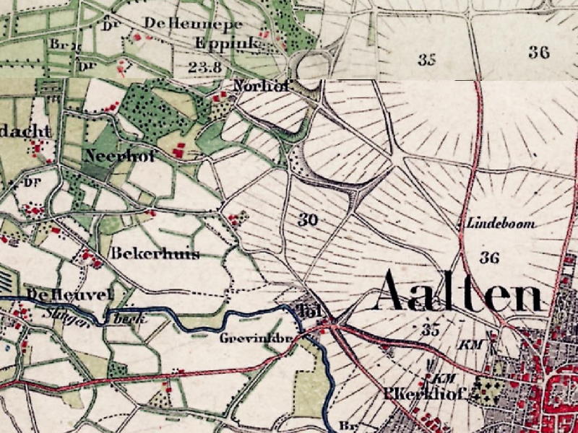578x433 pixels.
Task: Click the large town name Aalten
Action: point(460,292)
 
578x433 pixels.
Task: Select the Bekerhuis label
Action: point(155,254)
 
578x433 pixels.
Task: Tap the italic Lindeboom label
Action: point(502,224)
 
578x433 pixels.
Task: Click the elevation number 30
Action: point(308,219)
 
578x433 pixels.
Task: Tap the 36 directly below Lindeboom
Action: point(490,257)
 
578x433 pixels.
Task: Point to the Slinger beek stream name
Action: point(87,315)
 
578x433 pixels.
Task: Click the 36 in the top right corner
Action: point(538,52)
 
